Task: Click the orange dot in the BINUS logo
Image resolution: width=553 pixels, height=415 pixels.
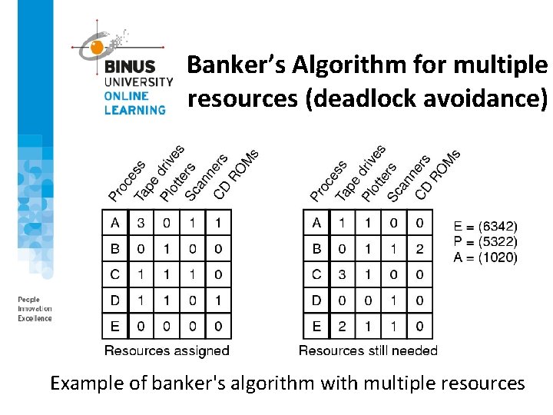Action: point(97,47)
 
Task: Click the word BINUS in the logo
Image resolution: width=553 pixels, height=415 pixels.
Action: point(131,68)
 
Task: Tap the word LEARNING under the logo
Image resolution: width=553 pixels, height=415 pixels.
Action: point(135,110)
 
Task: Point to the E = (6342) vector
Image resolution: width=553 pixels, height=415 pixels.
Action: point(485,227)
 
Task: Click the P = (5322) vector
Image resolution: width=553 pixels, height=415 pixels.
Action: point(485,242)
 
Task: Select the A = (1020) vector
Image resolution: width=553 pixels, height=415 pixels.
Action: point(485,257)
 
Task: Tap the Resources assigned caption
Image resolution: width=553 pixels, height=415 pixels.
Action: point(167,350)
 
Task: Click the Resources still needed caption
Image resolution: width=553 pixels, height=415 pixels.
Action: point(368,350)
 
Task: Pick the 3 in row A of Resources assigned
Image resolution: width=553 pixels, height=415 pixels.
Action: point(141,224)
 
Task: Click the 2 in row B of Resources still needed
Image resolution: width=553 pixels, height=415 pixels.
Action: point(419,249)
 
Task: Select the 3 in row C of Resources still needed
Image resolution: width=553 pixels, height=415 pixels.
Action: point(342,274)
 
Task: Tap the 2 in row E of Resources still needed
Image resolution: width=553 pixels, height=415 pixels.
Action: point(342,327)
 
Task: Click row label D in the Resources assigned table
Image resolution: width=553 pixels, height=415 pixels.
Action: point(115,300)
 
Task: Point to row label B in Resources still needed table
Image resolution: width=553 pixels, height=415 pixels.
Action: point(316,249)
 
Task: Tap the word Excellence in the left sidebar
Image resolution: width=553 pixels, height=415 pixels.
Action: point(35,318)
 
